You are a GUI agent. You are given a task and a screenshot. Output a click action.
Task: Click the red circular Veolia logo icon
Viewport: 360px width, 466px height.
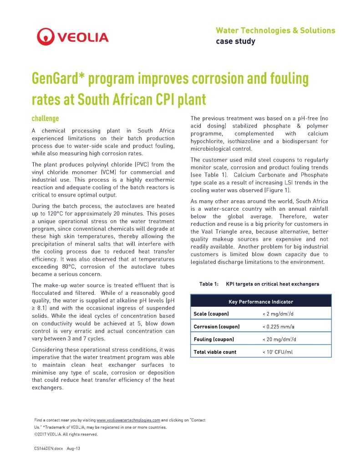46,36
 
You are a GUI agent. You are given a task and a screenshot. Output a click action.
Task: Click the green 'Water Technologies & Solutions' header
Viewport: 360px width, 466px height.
275,30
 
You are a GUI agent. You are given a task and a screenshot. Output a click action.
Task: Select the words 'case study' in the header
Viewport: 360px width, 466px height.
235,41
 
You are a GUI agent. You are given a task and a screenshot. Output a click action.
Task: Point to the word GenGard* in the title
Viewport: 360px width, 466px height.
58,79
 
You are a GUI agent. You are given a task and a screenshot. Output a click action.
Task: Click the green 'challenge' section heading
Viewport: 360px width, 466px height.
45,119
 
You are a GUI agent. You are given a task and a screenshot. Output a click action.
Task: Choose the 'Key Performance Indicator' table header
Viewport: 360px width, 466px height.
260,301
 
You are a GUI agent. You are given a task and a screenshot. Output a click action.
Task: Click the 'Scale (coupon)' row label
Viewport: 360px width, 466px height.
211,314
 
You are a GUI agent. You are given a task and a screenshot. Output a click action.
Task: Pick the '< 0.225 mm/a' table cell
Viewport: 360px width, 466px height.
279,327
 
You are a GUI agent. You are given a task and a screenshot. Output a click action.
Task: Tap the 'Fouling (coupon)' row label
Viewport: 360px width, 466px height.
214,339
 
